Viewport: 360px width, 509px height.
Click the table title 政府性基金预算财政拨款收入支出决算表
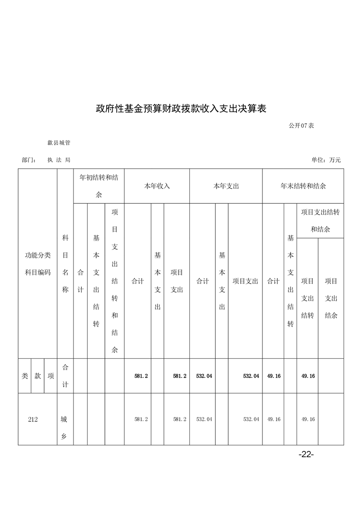(x=180, y=108)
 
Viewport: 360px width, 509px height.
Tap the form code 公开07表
(x=301, y=126)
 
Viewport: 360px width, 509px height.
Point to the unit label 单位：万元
(x=325, y=160)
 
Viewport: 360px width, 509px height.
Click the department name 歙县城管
(x=59, y=143)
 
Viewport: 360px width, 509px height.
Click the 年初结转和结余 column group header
(x=99, y=186)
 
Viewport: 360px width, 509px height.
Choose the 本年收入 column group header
(x=157, y=186)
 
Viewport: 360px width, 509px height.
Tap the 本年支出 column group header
(x=226, y=186)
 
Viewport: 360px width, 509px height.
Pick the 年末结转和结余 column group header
(x=303, y=186)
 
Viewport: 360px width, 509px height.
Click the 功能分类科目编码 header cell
(x=38, y=264)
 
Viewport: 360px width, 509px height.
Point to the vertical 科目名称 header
(x=65, y=264)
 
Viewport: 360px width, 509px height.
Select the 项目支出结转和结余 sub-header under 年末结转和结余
(x=320, y=220)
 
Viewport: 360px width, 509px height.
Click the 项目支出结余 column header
(x=331, y=298)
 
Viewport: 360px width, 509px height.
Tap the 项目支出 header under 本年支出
(x=245, y=281)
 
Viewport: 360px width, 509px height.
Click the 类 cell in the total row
(x=25, y=376)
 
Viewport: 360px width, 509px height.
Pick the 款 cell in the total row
(x=38, y=376)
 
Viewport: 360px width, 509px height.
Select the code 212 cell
(x=33, y=420)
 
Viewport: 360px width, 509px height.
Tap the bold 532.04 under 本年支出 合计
(x=204, y=376)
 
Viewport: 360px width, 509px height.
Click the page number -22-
(x=306, y=455)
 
